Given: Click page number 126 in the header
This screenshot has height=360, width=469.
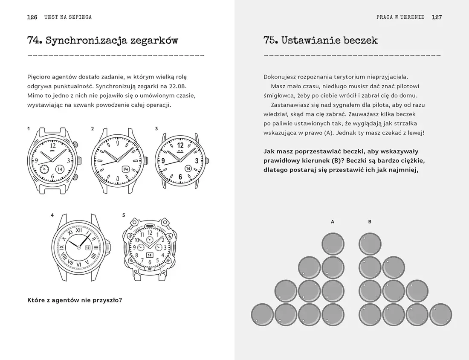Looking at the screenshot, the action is point(32,17).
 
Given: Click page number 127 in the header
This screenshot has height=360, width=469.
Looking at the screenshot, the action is point(436,17).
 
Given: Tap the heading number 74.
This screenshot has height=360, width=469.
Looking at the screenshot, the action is point(34,41).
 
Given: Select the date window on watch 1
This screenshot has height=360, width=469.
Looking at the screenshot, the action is point(60,169).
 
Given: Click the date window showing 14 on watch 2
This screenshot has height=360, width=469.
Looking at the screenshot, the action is point(126,169).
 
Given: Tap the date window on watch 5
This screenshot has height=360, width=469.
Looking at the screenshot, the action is point(149,255).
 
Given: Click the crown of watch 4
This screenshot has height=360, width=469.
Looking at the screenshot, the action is point(109,247).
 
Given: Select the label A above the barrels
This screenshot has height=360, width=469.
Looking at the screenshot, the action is point(333,222).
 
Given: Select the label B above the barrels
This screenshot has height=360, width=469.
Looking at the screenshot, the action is point(370,222).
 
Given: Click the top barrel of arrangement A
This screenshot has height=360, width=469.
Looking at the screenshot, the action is point(333,244).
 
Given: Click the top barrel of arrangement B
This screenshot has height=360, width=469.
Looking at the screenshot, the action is point(370,244).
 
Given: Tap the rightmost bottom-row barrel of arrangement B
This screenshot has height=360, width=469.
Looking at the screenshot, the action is point(440,314).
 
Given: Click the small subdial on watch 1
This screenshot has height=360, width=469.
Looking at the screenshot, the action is point(44,169).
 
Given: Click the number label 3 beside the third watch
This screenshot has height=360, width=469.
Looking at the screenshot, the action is point(156,128).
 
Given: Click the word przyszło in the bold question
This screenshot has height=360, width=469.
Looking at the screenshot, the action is point(107,300).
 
